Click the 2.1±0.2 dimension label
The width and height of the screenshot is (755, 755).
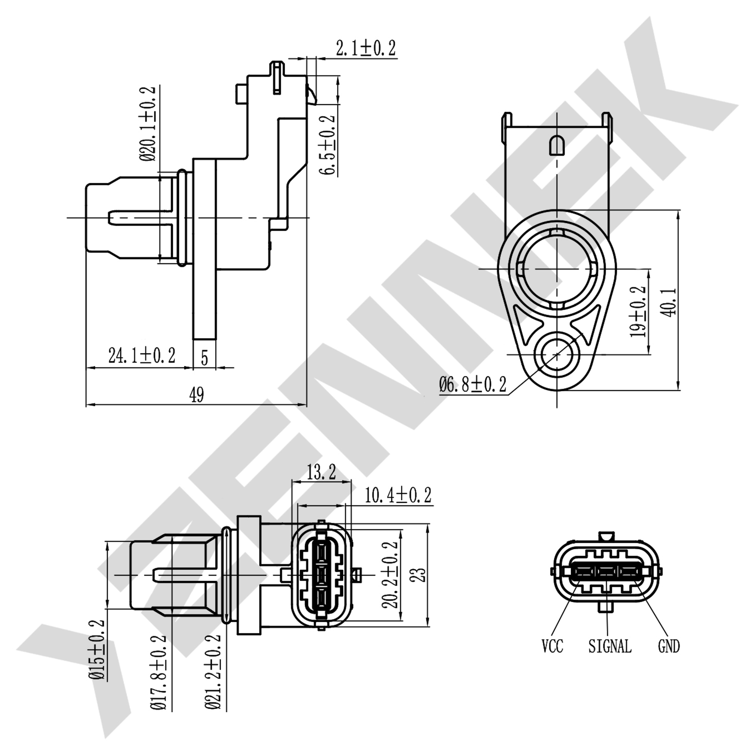tap(365, 49)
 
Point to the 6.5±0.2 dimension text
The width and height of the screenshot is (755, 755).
tap(328, 145)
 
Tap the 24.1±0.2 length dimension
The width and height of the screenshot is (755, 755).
tap(142, 356)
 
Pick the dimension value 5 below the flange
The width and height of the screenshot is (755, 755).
tap(204, 358)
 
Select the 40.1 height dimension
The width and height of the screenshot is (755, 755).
tap(669, 302)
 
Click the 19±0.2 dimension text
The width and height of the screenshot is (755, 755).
tap(639, 312)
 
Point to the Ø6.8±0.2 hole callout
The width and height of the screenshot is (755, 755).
tap(473, 386)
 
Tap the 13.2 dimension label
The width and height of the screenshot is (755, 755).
tap(321, 473)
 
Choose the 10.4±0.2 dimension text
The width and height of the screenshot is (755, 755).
tap(398, 495)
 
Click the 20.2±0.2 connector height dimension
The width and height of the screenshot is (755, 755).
tap(390, 574)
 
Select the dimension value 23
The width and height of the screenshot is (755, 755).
tap(418, 575)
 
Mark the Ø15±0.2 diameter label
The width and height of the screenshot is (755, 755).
tap(97, 650)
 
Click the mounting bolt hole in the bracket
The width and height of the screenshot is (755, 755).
tap(557, 355)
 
